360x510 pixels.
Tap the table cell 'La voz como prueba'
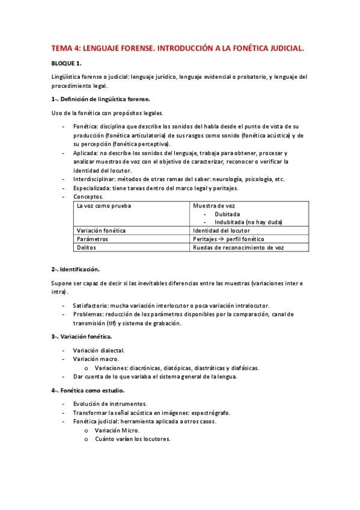tap(103, 206)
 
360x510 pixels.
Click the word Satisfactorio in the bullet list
tap(93, 306)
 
